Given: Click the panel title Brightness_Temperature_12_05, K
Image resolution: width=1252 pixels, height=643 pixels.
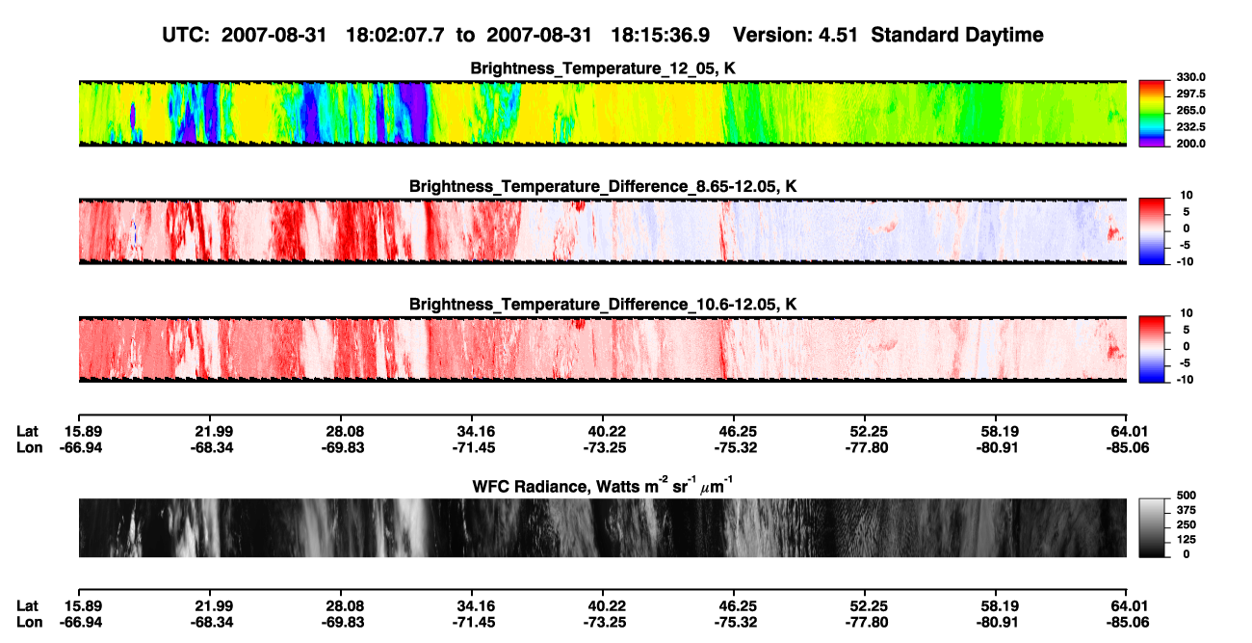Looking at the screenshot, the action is point(603,68).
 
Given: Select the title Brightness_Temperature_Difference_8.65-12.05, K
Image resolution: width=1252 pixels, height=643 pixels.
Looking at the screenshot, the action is point(603,186).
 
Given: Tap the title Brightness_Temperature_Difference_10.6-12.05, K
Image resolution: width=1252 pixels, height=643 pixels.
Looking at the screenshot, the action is point(603,305).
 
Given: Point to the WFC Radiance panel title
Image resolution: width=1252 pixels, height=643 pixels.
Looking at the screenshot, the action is point(603,485).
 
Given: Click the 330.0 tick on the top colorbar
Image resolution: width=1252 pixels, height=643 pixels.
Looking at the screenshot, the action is point(1190,77).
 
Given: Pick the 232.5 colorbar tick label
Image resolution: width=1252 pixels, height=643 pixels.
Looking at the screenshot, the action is point(1190,127).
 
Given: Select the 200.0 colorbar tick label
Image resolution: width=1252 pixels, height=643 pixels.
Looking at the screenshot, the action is point(1190,144).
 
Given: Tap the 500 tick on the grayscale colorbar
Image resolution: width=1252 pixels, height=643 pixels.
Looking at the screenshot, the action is point(1186,496).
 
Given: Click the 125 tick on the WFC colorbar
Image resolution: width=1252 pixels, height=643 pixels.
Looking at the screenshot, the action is point(1186,540).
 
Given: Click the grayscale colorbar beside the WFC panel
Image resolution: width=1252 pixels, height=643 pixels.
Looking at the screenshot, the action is point(1152,527).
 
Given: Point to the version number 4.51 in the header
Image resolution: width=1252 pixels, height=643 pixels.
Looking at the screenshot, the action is point(838,36).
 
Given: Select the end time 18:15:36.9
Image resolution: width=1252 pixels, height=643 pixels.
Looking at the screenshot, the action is point(660,36).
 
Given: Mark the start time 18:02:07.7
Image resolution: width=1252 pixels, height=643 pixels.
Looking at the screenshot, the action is point(395,36).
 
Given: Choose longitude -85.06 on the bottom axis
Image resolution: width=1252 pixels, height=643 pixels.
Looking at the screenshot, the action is point(1128,623).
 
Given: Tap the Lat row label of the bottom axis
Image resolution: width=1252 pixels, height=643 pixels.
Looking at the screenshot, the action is point(27,606).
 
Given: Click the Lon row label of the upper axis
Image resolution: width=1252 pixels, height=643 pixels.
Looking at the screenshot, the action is point(29,447).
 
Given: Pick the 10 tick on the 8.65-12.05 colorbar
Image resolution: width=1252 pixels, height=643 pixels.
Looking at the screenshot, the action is point(1187,196).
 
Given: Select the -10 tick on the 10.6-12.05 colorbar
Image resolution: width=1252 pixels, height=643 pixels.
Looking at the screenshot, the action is point(1185,380).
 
